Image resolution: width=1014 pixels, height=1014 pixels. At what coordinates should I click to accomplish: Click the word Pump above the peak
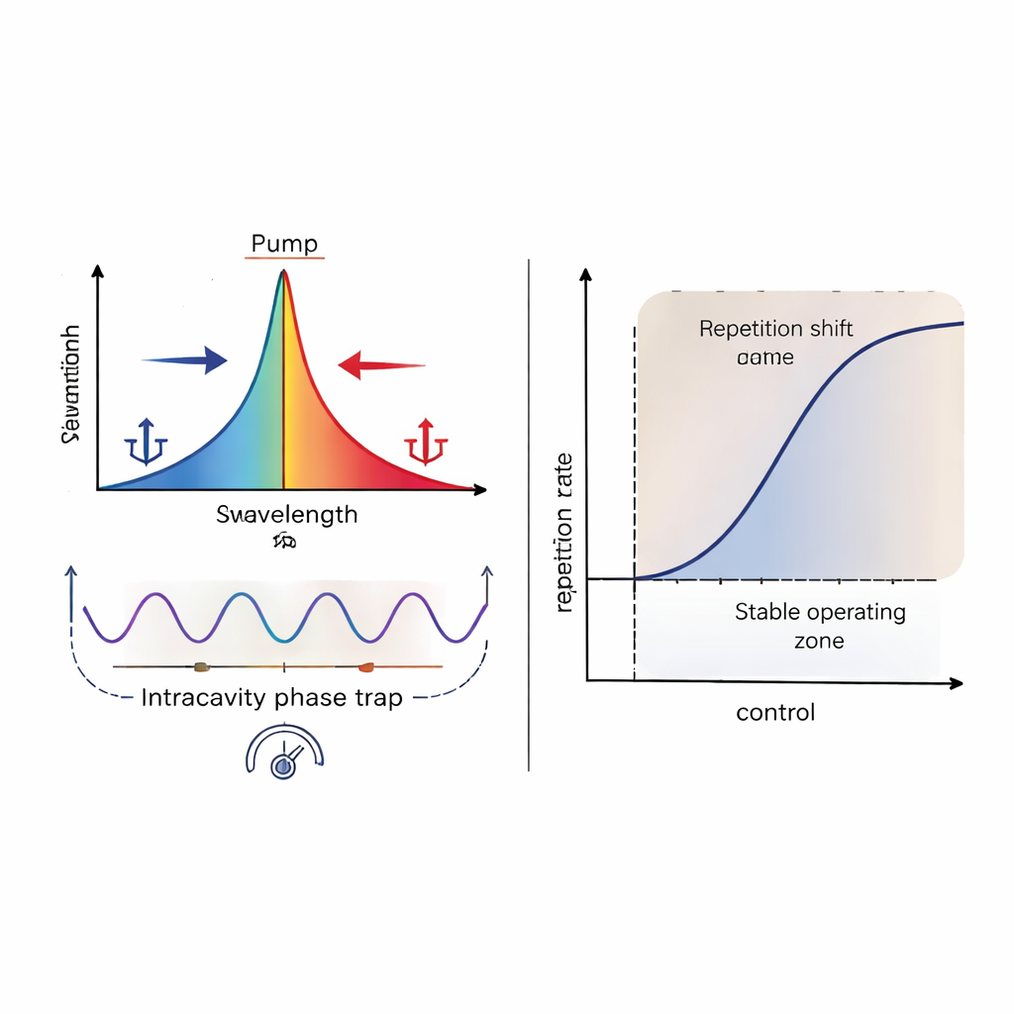(284, 244)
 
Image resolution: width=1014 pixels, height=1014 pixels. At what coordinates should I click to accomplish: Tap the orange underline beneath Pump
(284, 258)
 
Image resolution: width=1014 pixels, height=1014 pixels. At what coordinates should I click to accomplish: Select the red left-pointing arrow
(380, 366)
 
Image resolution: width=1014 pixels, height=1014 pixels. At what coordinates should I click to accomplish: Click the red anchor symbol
(427, 443)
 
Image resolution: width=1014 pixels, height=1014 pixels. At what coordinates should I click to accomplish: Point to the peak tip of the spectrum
(283, 272)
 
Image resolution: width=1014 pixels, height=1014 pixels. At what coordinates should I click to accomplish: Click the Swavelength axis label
(286, 515)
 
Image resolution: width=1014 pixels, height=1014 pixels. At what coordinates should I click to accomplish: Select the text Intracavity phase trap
(271, 697)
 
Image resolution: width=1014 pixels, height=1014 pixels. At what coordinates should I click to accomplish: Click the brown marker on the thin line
(201, 666)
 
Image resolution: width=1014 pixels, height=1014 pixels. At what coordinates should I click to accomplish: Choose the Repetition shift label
(775, 329)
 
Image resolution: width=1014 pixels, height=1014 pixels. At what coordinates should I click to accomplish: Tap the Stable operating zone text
(820, 625)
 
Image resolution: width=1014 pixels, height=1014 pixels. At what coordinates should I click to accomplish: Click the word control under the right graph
(775, 712)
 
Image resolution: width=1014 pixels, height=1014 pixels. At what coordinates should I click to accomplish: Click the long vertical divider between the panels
(529, 515)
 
